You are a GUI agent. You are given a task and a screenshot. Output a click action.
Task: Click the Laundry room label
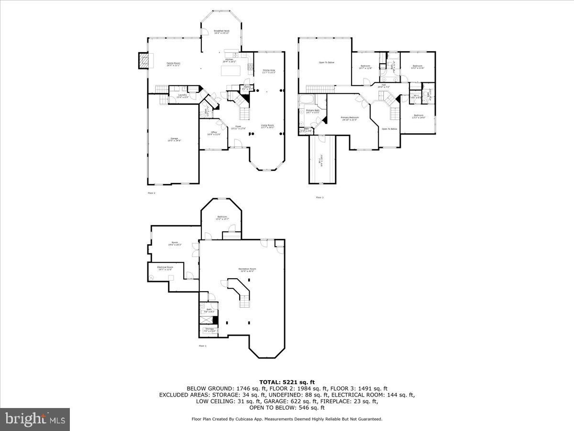[x=182, y=95]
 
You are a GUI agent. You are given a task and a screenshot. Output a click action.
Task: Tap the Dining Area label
[x=269, y=71]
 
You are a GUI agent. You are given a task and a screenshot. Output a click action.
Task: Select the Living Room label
[x=267, y=126]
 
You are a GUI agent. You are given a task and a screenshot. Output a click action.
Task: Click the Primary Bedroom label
[x=350, y=117]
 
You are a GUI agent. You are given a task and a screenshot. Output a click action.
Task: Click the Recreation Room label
[x=247, y=269]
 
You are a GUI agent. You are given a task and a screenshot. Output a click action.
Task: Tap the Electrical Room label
[x=165, y=267]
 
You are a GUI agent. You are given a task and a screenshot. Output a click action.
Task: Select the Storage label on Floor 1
[x=210, y=329]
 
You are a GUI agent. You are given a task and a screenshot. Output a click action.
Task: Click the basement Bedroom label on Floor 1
[x=222, y=217]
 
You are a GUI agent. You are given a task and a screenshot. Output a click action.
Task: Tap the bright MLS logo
[x=35, y=420]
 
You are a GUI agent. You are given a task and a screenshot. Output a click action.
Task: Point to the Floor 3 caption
[x=320, y=197]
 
